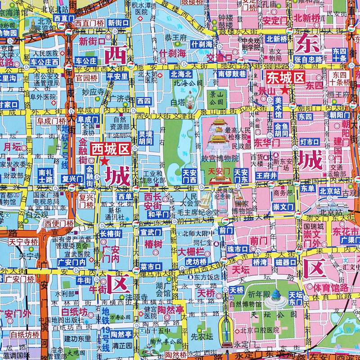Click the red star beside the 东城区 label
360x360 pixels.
[x=284, y=90]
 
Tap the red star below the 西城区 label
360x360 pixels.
[x=105, y=161]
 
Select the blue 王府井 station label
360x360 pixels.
[x=266, y=175]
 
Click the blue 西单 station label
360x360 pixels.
[x=124, y=196]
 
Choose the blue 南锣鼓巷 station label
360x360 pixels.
[x=232, y=74]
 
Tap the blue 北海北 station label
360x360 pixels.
[x=181, y=74]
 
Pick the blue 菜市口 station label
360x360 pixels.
[x=151, y=266]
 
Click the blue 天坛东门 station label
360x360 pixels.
[x=296, y=298]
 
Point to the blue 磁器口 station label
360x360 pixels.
[x=286, y=262]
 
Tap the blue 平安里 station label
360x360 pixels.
[x=117, y=76]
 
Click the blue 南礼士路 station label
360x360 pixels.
[x=45, y=175]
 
